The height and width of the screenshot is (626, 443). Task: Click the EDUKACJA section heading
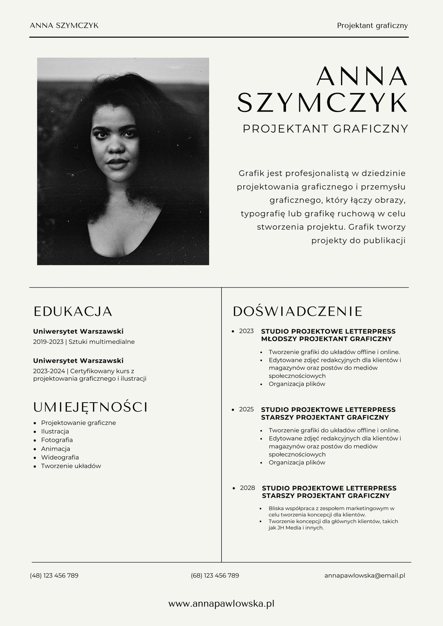point(73,311)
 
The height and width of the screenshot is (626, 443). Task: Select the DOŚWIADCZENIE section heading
point(298,311)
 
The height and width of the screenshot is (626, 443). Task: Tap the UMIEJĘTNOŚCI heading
point(90,407)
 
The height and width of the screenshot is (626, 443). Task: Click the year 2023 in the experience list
point(246,331)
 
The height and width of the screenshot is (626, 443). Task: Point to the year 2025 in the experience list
point(246,409)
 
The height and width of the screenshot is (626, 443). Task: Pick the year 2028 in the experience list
point(247,488)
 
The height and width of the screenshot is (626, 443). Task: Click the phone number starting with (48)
point(54,576)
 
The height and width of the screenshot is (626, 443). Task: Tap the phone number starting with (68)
point(215,576)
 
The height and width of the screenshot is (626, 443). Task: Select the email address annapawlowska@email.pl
point(364,576)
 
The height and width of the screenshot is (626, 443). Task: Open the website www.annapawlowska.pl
point(221,604)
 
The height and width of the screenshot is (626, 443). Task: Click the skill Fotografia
point(57,440)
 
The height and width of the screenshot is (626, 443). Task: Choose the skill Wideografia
point(60,457)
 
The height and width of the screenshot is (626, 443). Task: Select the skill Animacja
point(56,449)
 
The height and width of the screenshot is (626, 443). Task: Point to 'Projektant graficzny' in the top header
point(372,25)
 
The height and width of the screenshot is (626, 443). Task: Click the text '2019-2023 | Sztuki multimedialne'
point(84,342)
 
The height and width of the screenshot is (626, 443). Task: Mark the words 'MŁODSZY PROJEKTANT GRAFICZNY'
point(326,339)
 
